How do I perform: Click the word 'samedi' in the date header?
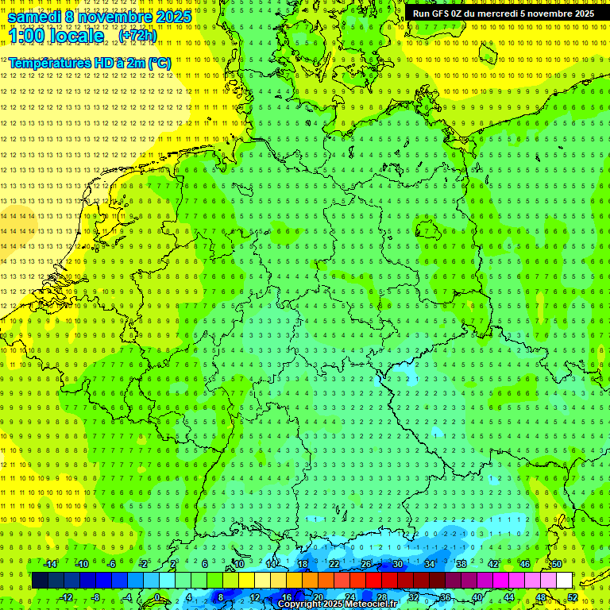pos(36,17)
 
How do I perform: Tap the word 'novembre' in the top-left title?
pos(116,17)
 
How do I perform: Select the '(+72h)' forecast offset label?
pos(137,36)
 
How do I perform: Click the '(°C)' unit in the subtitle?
pos(158,63)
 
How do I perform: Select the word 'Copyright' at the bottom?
pos(300,604)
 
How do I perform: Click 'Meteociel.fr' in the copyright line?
pos(373,604)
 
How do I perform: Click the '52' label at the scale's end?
pos(573,597)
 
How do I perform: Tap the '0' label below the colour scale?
pos(157,597)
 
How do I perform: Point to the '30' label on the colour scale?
pos(397,564)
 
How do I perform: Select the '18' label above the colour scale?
pos(302,564)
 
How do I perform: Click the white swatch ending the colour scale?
pos(564,581)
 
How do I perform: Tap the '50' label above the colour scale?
pos(556,564)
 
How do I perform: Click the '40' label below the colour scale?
pos(477,597)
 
